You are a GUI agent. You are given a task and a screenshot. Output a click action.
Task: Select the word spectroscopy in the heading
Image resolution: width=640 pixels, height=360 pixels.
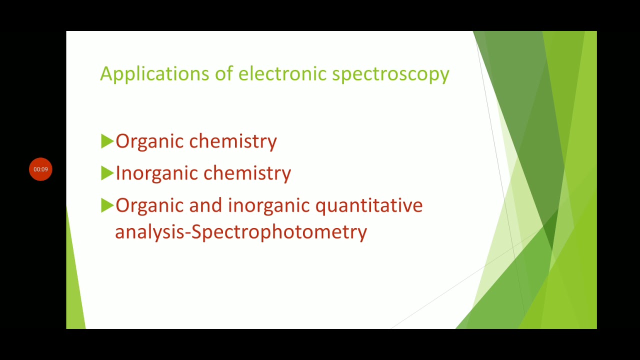pyautogui.click(x=390, y=74)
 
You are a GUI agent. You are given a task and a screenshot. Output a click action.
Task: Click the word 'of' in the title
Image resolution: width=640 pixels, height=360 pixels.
pyautogui.click(x=224, y=73)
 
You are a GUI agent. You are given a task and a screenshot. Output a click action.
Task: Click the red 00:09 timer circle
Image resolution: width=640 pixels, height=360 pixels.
pyautogui.click(x=40, y=169)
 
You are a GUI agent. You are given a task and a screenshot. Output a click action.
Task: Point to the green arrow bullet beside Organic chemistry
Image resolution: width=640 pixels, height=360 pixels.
pyautogui.click(x=107, y=141)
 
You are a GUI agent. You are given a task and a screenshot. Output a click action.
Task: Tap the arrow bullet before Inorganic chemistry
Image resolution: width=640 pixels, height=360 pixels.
pyautogui.click(x=107, y=173)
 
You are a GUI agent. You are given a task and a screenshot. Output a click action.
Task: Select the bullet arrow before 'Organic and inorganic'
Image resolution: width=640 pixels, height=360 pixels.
pyautogui.click(x=107, y=205)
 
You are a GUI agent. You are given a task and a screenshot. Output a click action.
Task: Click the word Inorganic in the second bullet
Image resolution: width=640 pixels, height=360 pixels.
pyautogui.click(x=157, y=173)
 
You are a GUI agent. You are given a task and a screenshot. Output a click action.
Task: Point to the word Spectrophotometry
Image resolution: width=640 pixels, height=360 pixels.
pyautogui.click(x=279, y=232)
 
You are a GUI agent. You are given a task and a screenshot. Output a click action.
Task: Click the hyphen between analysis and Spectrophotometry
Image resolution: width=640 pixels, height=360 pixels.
pyautogui.click(x=188, y=233)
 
